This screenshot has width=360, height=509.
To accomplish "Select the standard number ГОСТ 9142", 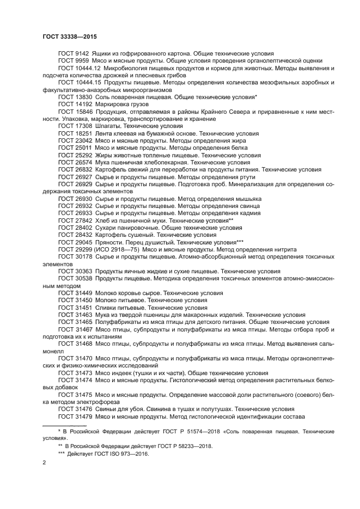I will pos(74,54).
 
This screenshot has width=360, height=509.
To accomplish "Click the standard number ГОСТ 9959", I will pos(74,61).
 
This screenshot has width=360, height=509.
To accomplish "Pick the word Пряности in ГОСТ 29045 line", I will pos(109,242).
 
